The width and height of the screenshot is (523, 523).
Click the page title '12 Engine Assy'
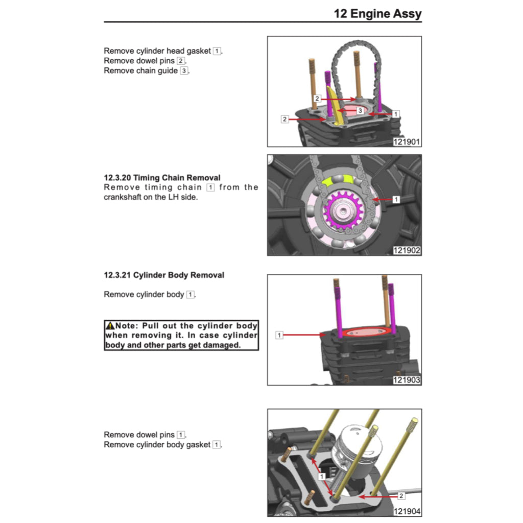[x=377, y=13]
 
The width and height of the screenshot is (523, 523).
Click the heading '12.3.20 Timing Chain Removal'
[x=162, y=178]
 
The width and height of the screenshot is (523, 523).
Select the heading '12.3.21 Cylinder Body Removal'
[x=163, y=275]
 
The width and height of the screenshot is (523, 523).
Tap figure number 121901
[x=407, y=142]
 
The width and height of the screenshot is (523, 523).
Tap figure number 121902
[x=407, y=250]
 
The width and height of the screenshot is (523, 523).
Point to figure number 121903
[x=407, y=380]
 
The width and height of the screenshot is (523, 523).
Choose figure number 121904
[x=407, y=512]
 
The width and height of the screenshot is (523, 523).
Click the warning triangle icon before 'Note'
[x=110, y=326]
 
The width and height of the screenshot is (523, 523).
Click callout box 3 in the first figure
[x=360, y=111]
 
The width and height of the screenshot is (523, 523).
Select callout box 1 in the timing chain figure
[x=396, y=200]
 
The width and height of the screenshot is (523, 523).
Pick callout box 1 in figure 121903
[x=279, y=335]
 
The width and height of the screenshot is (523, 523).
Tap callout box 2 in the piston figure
[x=401, y=495]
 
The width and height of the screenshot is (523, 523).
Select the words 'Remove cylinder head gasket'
[x=157, y=51]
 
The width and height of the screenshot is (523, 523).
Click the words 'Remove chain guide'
[x=140, y=70]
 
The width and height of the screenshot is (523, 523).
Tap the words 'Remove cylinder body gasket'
[x=157, y=444]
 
